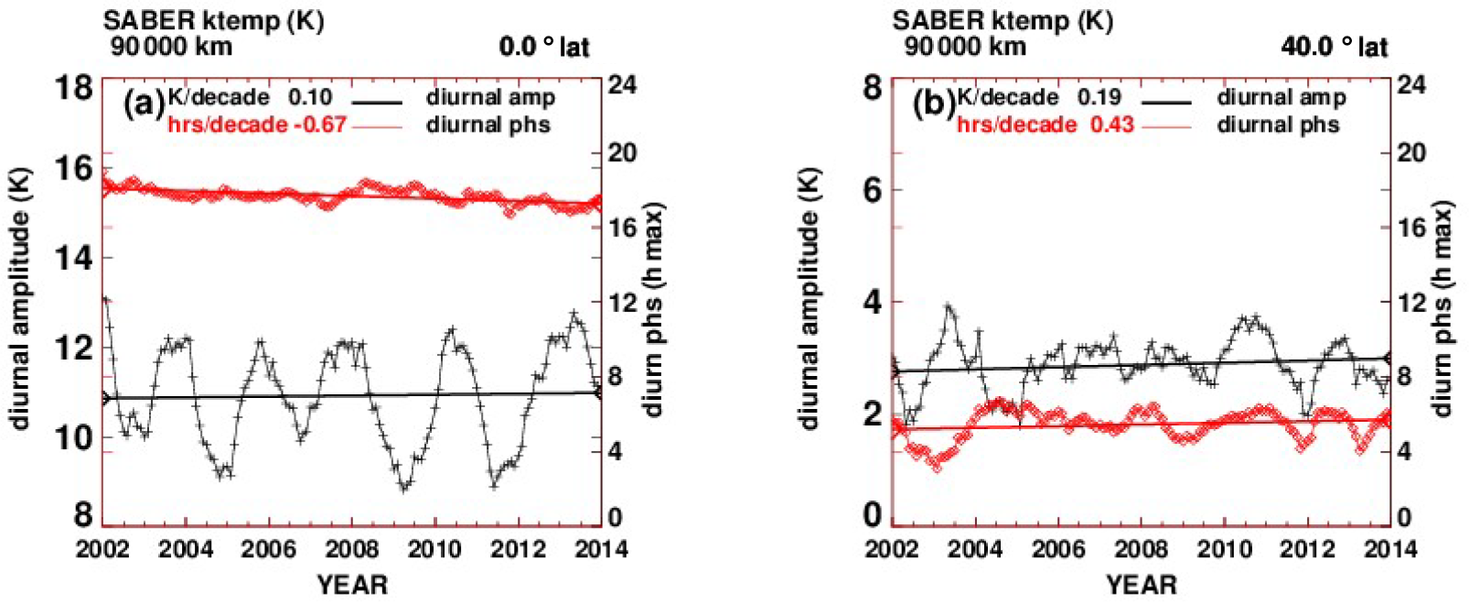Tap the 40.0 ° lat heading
point(1334,47)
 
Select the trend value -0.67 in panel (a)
point(318,124)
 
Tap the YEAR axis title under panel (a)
point(352,585)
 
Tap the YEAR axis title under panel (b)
point(1141,585)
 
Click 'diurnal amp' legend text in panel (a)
point(490,97)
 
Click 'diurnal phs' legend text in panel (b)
point(1278,124)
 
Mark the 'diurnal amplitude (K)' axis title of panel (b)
point(809,298)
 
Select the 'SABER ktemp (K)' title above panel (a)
point(213,20)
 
